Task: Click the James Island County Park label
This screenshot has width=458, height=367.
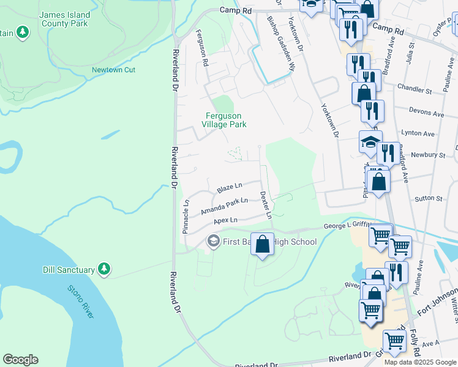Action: pos(64,19)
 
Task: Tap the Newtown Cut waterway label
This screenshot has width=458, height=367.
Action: pos(113,70)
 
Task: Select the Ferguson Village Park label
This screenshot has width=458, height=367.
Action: pos(224,120)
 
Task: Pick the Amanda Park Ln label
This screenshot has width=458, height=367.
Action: pos(224,206)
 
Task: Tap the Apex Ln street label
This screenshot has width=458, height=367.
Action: pos(225,220)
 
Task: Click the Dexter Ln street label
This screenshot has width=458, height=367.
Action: pos(265,204)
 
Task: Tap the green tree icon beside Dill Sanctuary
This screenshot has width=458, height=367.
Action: pos(104,269)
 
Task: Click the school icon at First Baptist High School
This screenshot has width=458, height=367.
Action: pos(213,242)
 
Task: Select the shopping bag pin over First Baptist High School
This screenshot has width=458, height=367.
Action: pos(262,244)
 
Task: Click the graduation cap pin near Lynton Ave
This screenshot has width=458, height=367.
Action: pos(370,142)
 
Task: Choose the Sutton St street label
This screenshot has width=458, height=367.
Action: pos(428,199)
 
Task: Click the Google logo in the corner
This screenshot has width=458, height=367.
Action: pos(20,360)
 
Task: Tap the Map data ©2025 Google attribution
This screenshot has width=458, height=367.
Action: pos(419,362)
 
